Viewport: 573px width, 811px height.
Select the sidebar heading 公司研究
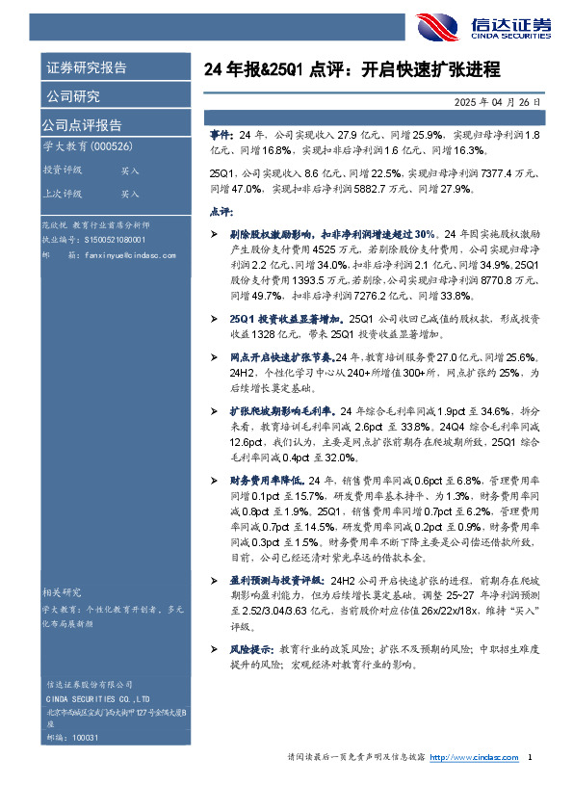coord(71,96)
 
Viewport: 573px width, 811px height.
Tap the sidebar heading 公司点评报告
coord(81,125)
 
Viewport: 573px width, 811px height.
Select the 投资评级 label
coord(62,170)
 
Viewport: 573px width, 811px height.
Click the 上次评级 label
coord(62,194)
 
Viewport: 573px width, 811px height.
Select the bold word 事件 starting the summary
coord(221,133)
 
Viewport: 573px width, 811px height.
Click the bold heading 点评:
coord(221,211)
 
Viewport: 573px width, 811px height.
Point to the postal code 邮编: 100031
coord(72,735)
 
